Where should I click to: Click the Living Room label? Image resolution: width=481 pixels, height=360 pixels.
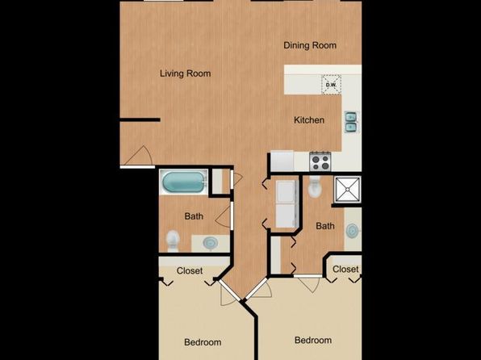[186, 73]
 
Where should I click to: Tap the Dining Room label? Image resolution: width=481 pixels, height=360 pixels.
[310, 45]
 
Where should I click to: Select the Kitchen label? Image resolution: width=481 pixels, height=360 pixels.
[309, 120]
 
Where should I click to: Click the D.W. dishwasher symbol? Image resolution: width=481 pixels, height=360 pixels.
[331, 85]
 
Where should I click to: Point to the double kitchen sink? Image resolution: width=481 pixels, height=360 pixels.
[351, 122]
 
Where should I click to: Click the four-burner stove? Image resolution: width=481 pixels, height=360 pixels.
[320, 161]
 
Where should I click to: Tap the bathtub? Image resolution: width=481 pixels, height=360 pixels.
[183, 182]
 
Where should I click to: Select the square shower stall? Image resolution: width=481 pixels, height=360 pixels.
[347, 190]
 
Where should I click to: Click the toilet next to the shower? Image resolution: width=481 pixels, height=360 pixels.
[315, 186]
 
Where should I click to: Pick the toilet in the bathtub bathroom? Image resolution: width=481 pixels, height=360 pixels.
[173, 241]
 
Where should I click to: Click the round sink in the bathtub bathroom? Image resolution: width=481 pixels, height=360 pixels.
[211, 243]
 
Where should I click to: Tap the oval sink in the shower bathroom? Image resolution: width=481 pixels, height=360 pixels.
[352, 231]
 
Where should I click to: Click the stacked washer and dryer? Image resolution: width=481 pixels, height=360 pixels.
[287, 203]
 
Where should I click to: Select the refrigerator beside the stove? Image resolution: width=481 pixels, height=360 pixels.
[282, 161]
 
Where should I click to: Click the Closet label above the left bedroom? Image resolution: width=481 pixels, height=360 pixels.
[190, 270]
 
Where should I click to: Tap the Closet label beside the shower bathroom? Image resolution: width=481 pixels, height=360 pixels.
[345, 269]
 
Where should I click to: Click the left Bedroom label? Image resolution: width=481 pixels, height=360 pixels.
[203, 342]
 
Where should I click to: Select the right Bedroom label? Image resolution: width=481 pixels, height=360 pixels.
[313, 340]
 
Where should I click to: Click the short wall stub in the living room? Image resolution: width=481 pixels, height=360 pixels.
[140, 119]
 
